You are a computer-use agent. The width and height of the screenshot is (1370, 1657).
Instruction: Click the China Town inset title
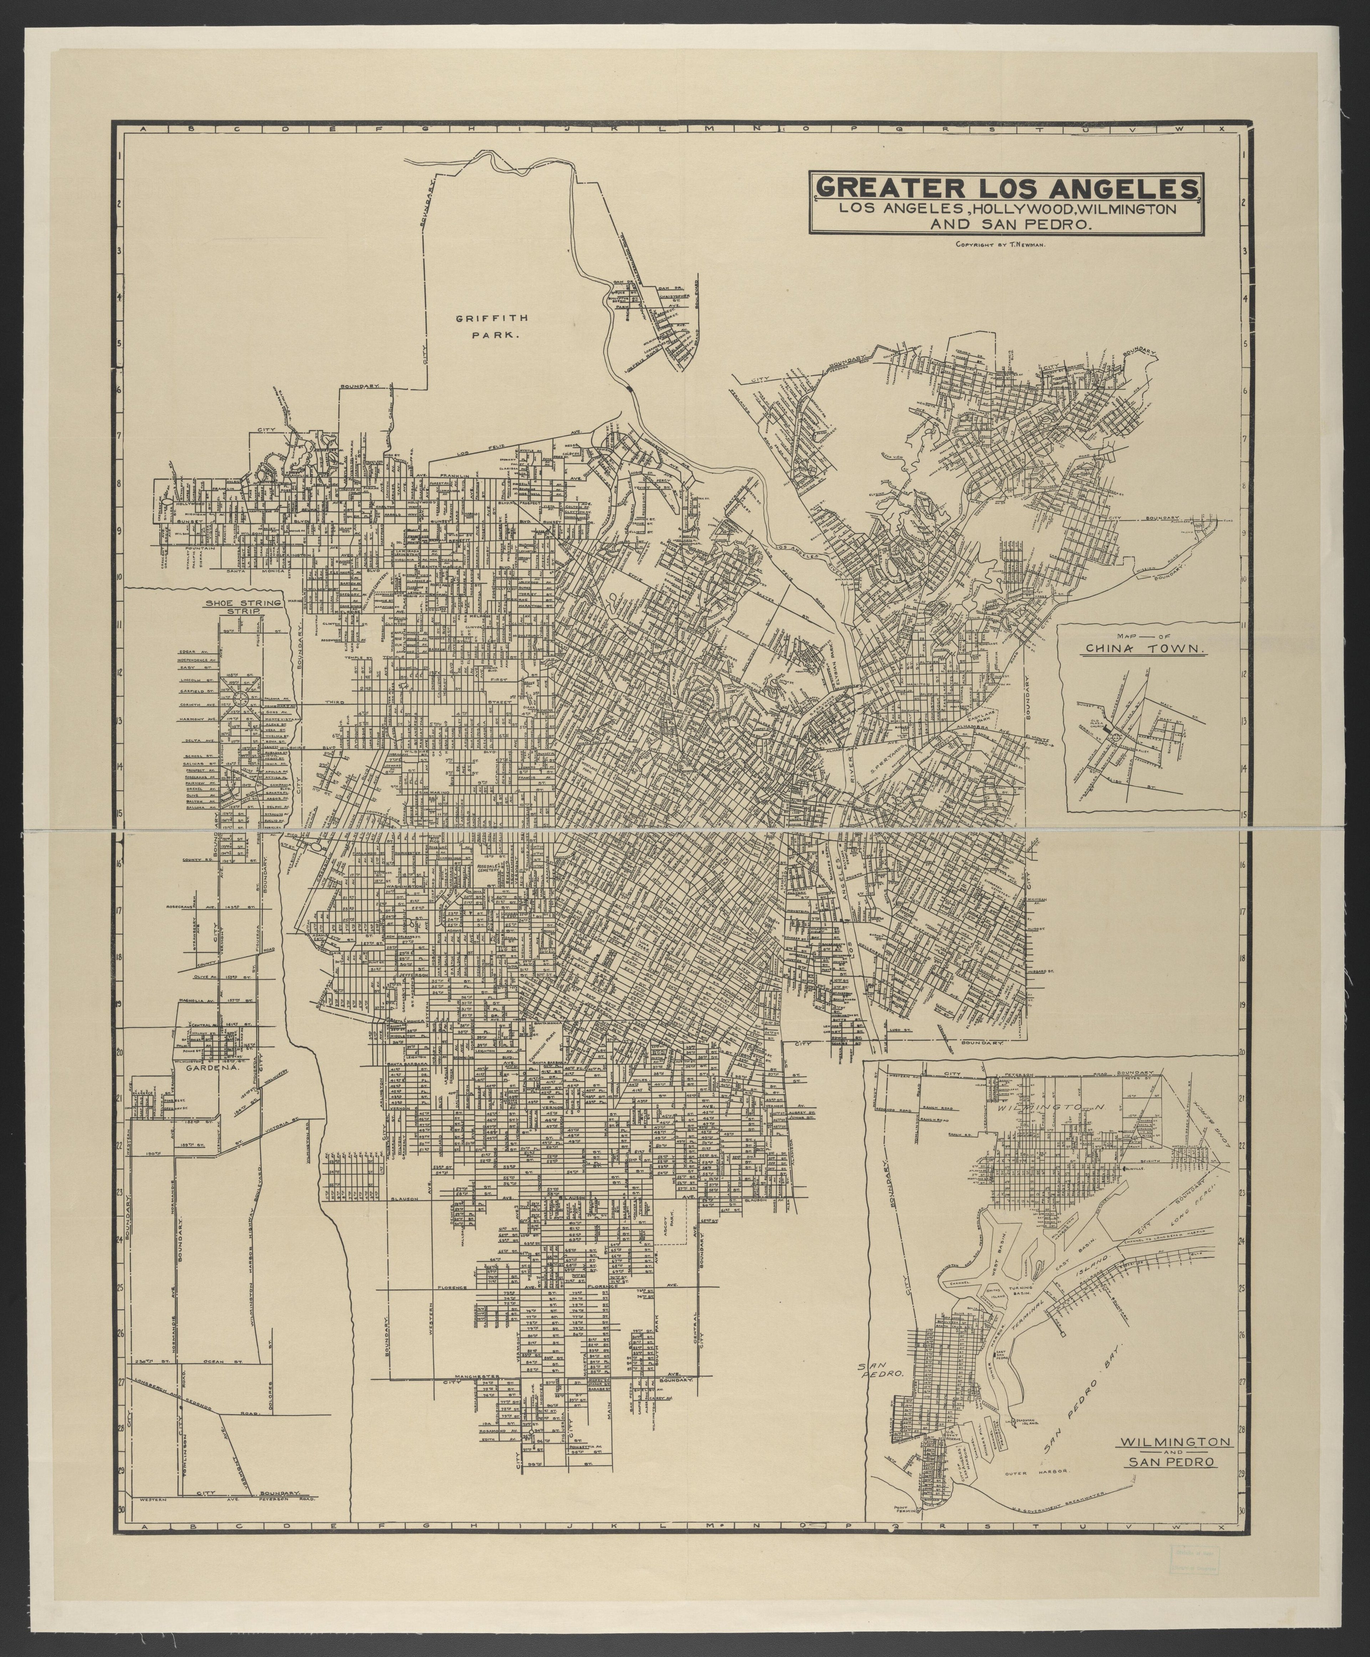1146,649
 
